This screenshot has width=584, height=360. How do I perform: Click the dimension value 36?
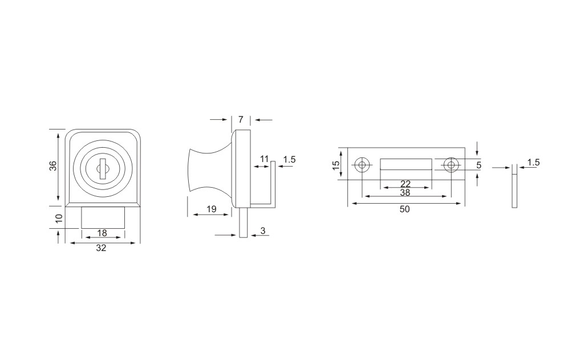[53, 166]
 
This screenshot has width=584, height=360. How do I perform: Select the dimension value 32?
[101, 248]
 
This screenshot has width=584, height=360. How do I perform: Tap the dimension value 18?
[102, 233]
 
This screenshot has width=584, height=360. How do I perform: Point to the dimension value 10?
[59, 219]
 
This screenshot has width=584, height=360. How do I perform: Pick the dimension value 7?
[241, 120]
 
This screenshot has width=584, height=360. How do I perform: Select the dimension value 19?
[211, 209]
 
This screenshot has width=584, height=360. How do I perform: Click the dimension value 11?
[264, 159]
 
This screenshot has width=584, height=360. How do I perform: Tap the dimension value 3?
[263, 231]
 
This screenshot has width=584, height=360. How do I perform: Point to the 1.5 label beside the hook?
[289, 160]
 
